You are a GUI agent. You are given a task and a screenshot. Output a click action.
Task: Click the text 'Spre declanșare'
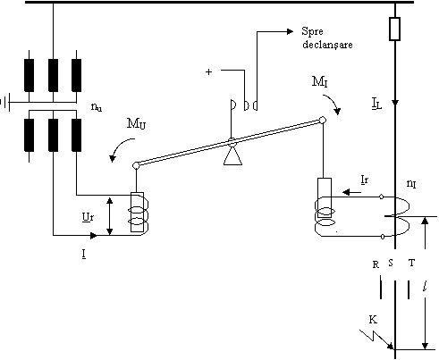click(x=327, y=38)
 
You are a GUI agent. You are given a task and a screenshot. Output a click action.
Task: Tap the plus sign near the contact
click(x=208, y=71)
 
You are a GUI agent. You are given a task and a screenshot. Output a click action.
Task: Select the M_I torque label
click(x=320, y=81)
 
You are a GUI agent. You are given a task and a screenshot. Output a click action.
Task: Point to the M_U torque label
click(x=136, y=123)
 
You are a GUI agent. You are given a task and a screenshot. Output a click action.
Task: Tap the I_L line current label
click(x=376, y=104)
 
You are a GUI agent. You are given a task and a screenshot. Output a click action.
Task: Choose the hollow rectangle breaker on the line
click(x=394, y=29)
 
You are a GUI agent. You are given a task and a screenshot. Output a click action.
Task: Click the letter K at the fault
click(x=373, y=320)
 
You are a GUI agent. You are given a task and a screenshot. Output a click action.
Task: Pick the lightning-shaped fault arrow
click(x=376, y=339)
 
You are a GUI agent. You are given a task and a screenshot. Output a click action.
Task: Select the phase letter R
click(x=376, y=264)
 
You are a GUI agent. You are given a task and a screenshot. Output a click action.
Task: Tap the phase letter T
click(x=411, y=263)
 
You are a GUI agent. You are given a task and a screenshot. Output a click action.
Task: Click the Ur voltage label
click(x=88, y=217)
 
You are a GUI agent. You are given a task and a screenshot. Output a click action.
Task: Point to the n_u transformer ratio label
click(x=97, y=107)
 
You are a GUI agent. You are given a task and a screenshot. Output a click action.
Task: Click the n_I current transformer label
click(x=411, y=184)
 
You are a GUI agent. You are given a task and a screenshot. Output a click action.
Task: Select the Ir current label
click(x=365, y=180)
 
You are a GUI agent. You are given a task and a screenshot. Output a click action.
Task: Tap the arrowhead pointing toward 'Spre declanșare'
click(x=290, y=31)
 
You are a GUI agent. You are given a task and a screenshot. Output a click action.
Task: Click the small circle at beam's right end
click(x=323, y=120)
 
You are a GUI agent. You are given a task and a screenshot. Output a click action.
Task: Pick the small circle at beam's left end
click(x=136, y=165)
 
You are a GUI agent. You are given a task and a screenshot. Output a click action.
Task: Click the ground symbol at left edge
click(x=5, y=103)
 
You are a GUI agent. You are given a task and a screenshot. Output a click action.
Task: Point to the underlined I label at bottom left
click(x=84, y=254)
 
